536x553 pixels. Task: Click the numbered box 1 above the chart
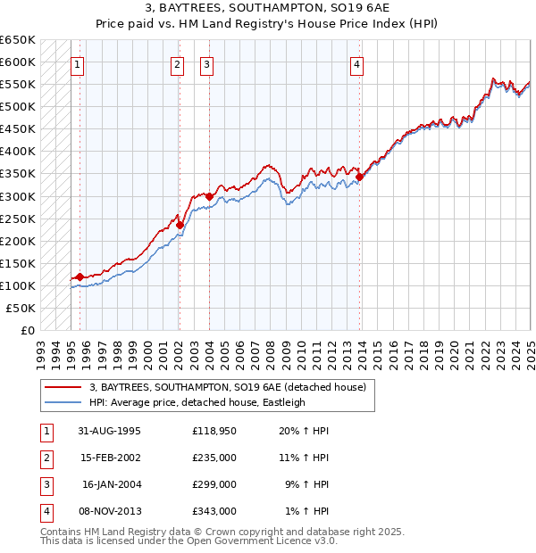point(78,63)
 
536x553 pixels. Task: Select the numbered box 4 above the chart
point(356,63)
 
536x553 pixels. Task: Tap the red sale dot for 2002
point(180,225)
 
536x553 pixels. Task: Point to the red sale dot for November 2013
point(360,177)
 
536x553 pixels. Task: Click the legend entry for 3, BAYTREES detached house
point(228,387)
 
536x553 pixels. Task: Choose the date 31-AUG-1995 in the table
point(109,431)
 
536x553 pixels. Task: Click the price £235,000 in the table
point(214,458)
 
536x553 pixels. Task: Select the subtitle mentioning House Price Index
point(267,25)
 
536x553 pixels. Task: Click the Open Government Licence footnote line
point(189,541)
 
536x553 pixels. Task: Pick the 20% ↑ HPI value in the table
point(304,431)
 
